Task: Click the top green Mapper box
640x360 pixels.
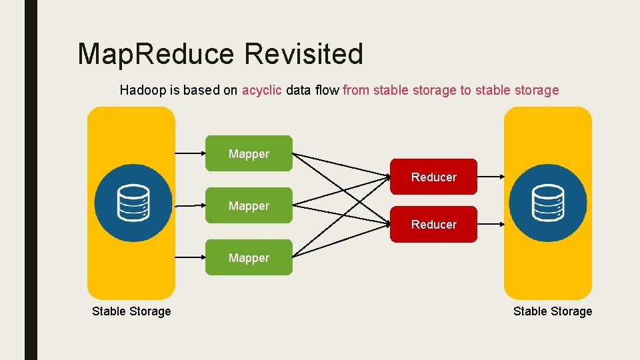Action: pyautogui.click(x=249, y=154)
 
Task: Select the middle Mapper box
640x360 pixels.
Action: pyautogui.click(x=249, y=206)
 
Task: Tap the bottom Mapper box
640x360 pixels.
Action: pyautogui.click(x=249, y=257)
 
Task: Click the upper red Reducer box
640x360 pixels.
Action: pyautogui.click(x=433, y=177)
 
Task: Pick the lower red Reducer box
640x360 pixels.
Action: pyautogui.click(x=433, y=224)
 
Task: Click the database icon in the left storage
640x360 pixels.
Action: pyautogui.click(x=133, y=203)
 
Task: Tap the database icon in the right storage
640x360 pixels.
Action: pyautogui.click(x=547, y=203)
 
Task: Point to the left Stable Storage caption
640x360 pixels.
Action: pyautogui.click(x=131, y=311)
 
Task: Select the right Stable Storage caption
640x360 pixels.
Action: pyautogui.click(x=552, y=311)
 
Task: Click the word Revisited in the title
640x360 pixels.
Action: pyautogui.click(x=303, y=54)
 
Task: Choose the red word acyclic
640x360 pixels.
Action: pyautogui.click(x=261, y=90)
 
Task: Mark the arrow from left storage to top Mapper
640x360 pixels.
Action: pyautogui.click(x=189, y=154)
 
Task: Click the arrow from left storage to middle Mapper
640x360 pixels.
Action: pyautogui.click(x=189, y=205)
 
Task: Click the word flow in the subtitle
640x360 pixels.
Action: pyautogui.click(x=326, y=90)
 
